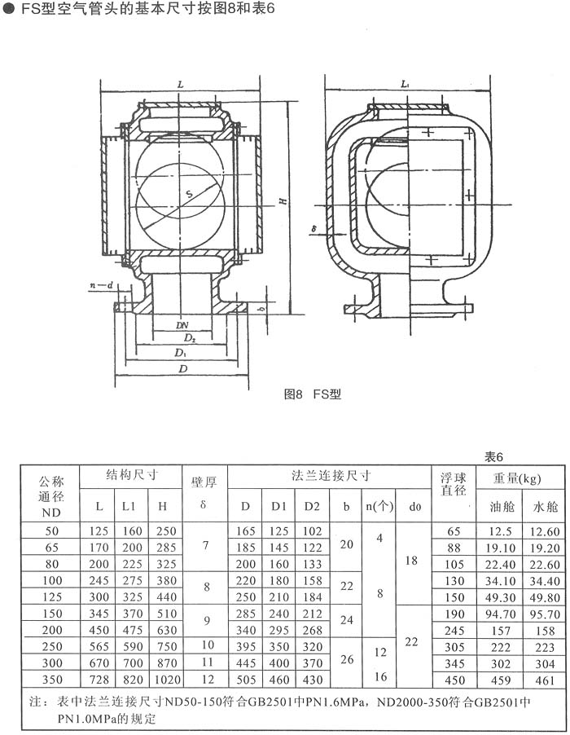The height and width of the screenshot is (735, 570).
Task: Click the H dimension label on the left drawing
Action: (x=283, y=200)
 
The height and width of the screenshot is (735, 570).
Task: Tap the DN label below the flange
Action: (x=182, y=325)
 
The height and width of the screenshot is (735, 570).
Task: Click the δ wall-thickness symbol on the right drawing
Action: (x=314, y=229)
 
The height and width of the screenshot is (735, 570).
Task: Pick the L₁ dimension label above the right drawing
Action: (x=406, y=85)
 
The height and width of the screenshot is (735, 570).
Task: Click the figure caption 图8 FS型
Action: (x=313, y=394)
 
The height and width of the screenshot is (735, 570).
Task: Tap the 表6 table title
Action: (x=493, y=457)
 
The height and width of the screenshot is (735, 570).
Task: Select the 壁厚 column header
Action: (x=204, y=482)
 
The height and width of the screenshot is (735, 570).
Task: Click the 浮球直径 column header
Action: (x=454, y=484)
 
